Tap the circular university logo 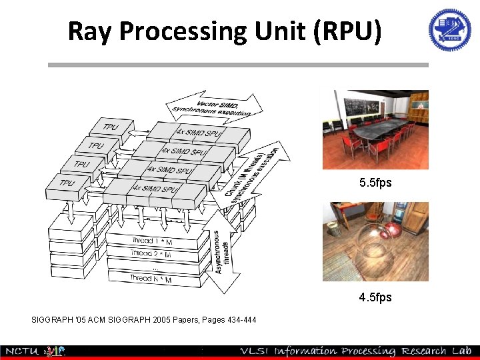(x=449, y=30)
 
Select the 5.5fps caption (x=375, y=182)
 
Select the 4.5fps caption (x=375, y=297)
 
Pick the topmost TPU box (x=111, y=127)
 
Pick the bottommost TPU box (x=67, y=183)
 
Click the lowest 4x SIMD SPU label (x=154, y=189)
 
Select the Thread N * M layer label (x=151, y=279)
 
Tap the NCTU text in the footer (x=21, y=351)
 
